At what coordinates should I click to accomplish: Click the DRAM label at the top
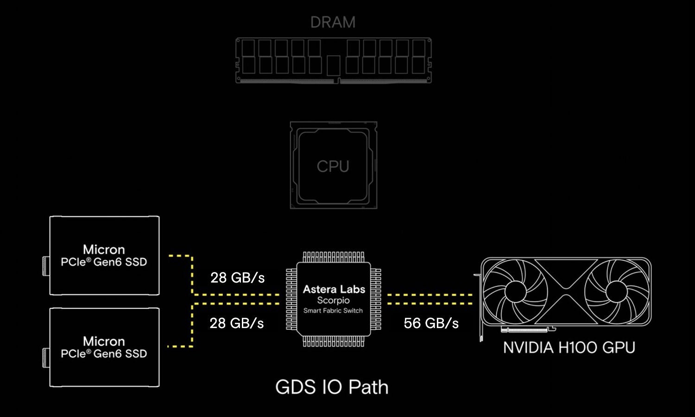click(333, 22)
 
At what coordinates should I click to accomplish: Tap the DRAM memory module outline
click(333, 61)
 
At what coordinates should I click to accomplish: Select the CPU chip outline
click(333, 165)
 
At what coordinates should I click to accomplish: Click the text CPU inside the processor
click(333, 166)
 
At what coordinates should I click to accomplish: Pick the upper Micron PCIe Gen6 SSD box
click(104, 255)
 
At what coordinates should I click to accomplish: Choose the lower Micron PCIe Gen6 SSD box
click(104, 347)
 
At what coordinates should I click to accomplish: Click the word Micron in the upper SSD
click(104, 250)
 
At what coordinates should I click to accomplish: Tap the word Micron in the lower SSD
click(104, 341)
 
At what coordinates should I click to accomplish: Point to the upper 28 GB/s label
click(237, 278)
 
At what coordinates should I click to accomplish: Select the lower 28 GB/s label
click(236, 323)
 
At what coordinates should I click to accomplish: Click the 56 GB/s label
click(431, 323)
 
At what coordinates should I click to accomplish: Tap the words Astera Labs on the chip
click(334, 290)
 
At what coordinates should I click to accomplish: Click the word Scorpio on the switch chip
click(333, 301)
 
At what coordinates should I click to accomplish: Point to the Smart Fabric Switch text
click(333, 311)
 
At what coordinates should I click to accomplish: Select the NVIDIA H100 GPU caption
click(569, 347)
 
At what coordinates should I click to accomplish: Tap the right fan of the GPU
click(616, 291)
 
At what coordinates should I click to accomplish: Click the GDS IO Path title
click(332, 387)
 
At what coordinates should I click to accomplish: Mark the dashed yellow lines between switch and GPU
click(430, 299)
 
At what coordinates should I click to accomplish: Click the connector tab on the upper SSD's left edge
click(45, 266)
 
